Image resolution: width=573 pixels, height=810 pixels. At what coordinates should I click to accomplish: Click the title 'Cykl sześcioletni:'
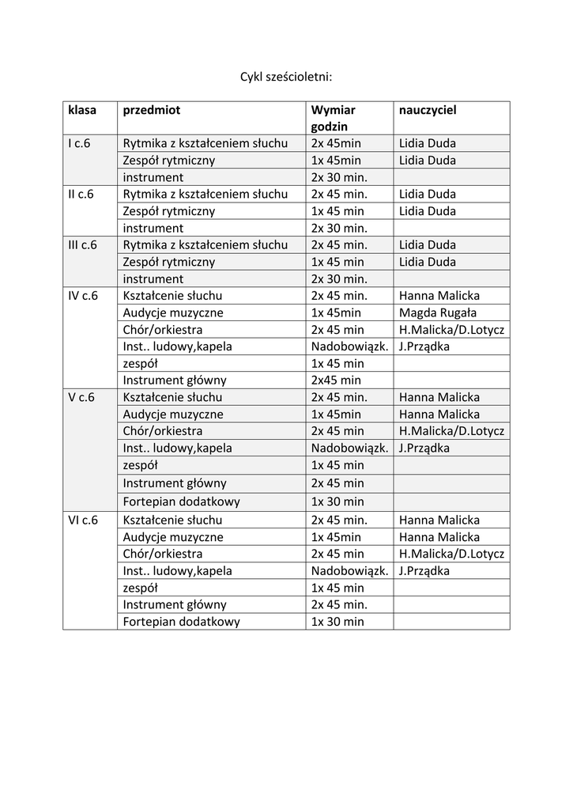click(286, 77)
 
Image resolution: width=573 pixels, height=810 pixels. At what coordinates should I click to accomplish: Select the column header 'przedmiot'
click(152, 111)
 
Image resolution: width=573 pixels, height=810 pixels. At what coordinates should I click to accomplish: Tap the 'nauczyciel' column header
click(428, 111)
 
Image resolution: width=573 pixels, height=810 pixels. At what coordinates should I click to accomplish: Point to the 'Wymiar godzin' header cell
click(333, 118)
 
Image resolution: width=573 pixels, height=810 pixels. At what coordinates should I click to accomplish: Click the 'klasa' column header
click(81, 111)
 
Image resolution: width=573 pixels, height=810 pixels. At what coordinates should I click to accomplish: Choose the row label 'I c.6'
click(80, 143)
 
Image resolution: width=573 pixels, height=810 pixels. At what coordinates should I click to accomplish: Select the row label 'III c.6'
click(83, 245)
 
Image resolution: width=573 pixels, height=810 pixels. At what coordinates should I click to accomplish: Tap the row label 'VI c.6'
click(83, 520)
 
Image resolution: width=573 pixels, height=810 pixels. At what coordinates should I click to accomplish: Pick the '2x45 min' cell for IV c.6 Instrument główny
click(336, 380)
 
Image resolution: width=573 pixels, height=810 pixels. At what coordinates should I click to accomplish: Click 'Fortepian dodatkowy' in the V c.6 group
click(182, 502)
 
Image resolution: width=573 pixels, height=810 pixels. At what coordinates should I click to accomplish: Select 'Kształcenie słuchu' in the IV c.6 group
click(172, 296)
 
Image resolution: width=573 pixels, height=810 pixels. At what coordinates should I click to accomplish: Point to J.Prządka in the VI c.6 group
click(424, 570)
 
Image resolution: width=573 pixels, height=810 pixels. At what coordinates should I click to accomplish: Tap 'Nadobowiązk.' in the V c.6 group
click(349, 448)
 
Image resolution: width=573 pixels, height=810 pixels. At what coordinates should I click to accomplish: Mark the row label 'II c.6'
click(81, 194)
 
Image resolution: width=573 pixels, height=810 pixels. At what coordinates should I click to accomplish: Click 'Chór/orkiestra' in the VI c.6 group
click(163, 554)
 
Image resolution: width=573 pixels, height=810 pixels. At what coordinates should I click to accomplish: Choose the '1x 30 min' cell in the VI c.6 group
click(337, 622)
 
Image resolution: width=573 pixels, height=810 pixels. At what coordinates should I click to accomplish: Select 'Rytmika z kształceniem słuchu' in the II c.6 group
click(205, 194)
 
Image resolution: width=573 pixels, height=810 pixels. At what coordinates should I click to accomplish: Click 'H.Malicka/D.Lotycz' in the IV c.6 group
click(451, 330)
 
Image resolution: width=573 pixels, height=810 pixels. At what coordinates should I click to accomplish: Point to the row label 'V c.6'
click(81, 397)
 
